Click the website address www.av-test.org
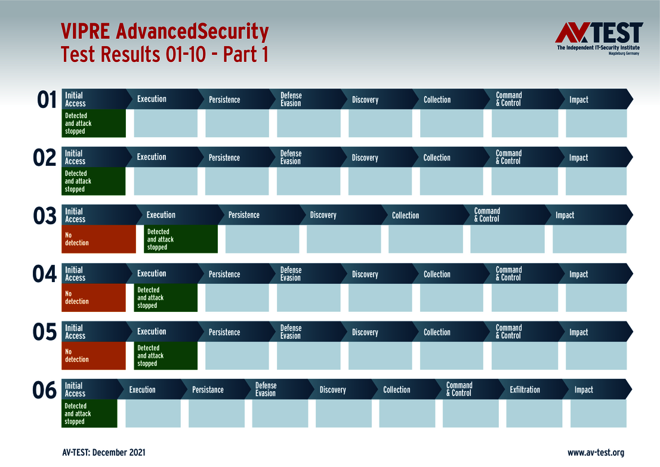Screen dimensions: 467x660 pyautogui.click(x=596, y=453)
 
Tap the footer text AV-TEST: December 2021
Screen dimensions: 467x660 pyautogui.click(x=103, y=453)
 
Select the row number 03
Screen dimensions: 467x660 pyautogui.click(x=45, y=217)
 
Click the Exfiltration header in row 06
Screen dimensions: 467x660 pyautogui.click(x=525, y=390)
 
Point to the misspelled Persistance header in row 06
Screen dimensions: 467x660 pyautogui.click(x=208, y=390)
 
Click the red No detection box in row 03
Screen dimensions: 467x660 pyautogui.click(x=100, y=239)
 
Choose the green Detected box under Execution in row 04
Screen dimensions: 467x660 pyautogui.click(x=165, y=298)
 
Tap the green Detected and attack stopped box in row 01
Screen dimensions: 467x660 pyautogui.click(x=94, y=123)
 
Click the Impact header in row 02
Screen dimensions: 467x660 pyautogui.click(x=578, y=158)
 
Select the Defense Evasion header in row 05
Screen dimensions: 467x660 pyautogui.click(x=291, y=332)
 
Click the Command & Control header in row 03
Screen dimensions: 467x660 pyautogui.click(x=487, y=215)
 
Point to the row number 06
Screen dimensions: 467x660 pyautogui.click(x=45, y=391)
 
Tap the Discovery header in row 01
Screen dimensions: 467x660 pyautogui.click(x=365, y=100)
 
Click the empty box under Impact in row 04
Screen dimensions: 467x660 pyautogui.click(x=596, y=298)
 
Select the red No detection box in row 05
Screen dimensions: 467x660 pyautogui.click(x=94, y=355)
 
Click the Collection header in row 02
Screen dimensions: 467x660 pyautogui.click(x=437, y=158)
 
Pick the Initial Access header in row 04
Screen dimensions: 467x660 pyautogui.click(x=75, y=274)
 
